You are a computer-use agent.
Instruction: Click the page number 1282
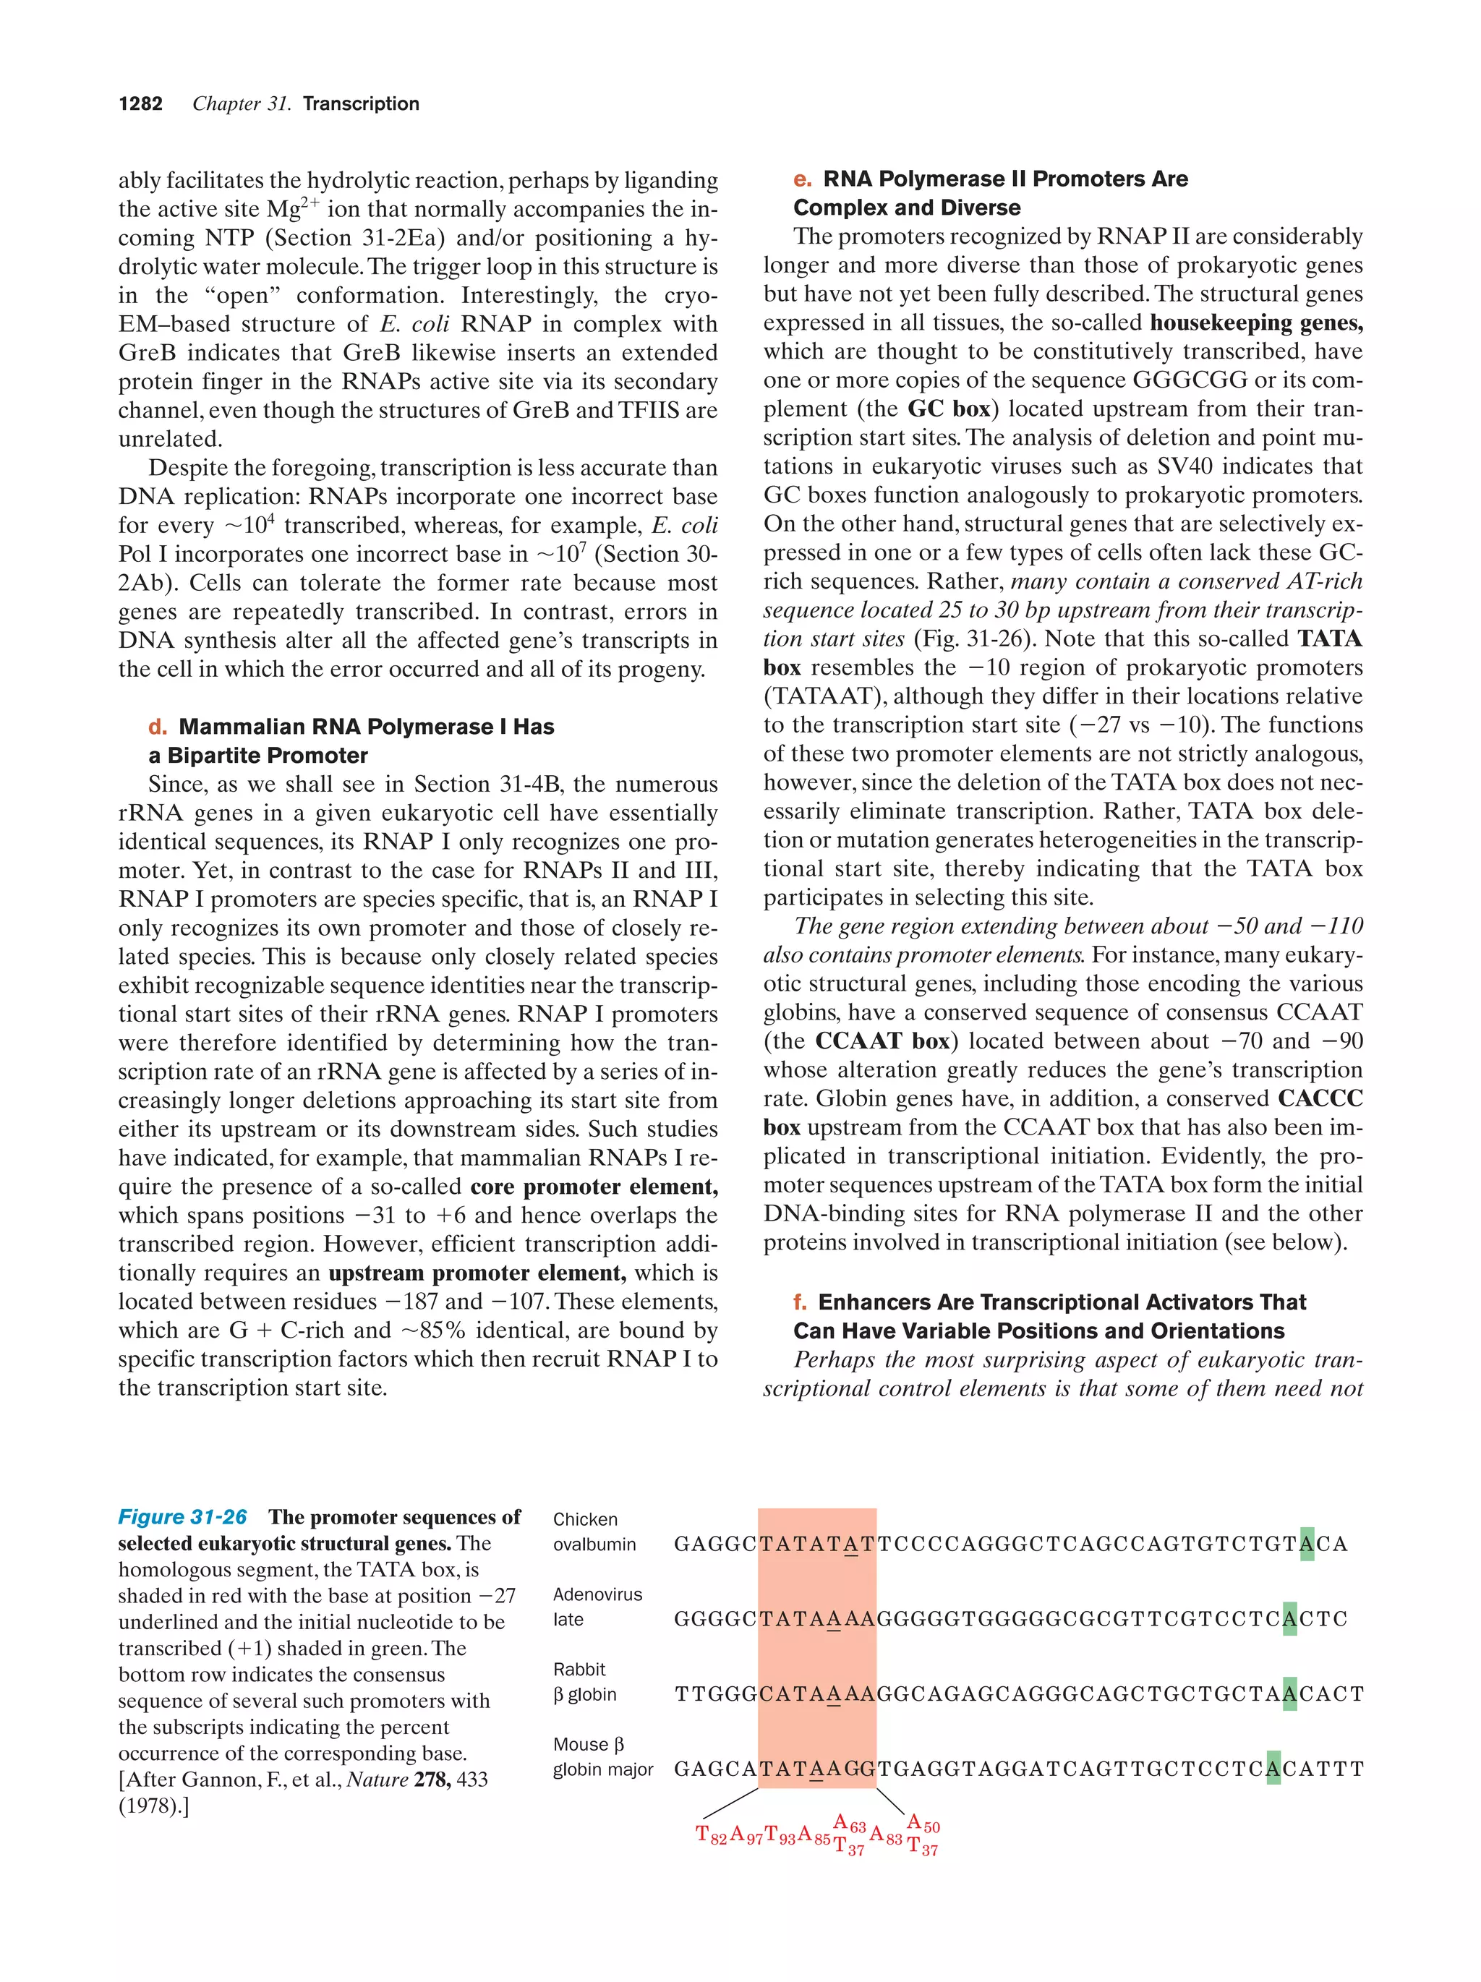(141, 104)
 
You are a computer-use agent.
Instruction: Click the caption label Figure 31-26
(182, 1517)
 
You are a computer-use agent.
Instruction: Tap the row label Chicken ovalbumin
(594, 1532)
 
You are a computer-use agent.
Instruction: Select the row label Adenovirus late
(597, 1607)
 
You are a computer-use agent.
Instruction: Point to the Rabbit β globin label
(584, 1682)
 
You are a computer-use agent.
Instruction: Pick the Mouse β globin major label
(602, 1757)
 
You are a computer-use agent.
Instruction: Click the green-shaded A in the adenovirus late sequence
(1289, 1619)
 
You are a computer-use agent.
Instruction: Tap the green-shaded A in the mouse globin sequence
(1273, 1769)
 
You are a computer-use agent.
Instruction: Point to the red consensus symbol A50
(923, 1824)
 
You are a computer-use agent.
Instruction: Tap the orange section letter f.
(800, 1302)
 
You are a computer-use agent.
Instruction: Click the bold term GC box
(949, 409)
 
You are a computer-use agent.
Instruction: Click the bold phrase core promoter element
(594, 1187)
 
